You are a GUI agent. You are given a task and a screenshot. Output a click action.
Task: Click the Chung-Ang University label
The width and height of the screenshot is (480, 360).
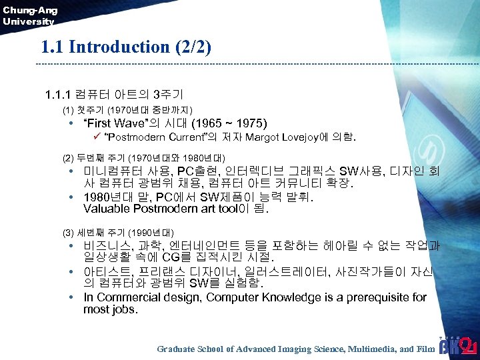point(30,15)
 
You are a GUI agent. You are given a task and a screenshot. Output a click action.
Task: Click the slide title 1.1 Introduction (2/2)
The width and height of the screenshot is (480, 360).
point(125,47)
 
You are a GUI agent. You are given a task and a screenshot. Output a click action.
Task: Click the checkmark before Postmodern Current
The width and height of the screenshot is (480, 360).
point(96,138)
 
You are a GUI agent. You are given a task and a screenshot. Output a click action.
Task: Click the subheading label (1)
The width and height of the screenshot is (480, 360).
point(67,109)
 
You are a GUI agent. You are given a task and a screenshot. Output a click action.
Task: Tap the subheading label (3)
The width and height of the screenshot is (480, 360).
point(67,233)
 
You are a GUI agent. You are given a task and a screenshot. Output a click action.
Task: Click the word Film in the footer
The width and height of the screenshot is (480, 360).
point(425,349)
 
